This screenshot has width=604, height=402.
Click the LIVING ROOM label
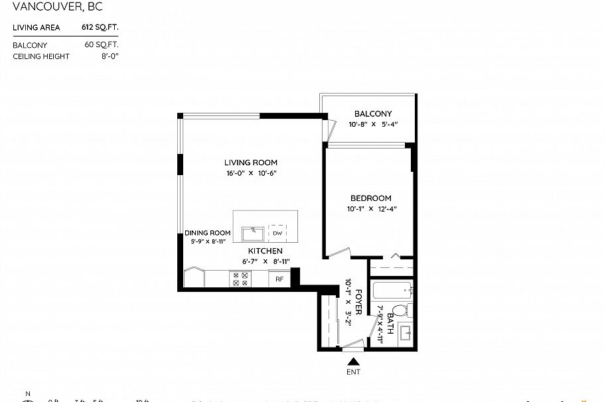[250, 163]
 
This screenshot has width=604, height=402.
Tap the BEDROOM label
[370, 198]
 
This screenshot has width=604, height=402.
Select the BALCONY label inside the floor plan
[372, 113]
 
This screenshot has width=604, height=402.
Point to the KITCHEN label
[265, 251]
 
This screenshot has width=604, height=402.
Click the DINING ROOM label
[208, 233]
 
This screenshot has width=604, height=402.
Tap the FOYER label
[358, 302]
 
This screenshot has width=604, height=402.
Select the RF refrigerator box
[279, 279]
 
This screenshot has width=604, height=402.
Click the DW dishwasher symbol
[277, 234]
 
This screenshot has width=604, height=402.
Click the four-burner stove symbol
[239, 279]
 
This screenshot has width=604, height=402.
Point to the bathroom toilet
[400, 310]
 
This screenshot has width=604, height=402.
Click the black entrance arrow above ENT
[354, 362]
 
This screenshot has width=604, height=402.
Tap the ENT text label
[354, 372]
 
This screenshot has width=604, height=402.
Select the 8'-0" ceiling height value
[108, 56]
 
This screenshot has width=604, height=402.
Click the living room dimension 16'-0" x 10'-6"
[250, 173]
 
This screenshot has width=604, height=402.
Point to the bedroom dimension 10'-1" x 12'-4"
[370, 209]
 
